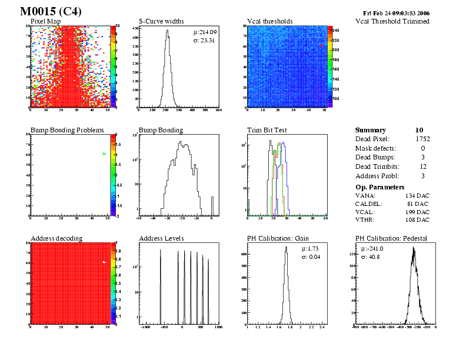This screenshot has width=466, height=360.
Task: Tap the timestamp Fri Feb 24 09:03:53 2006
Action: coord(397,12)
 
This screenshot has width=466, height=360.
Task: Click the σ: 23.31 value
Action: coord(204,40)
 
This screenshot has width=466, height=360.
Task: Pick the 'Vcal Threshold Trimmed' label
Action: coord(392,21)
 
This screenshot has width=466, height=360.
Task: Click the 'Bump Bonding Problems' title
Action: coord(67,130)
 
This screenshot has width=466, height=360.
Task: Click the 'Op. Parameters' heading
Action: coord(380,186)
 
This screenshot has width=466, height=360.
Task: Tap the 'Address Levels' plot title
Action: coord(161,238)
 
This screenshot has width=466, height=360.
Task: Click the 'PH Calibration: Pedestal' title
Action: coord(391,238)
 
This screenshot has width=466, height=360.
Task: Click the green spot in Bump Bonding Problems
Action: coord(104,154)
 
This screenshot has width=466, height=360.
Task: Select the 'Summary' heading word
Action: coord(371,130)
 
